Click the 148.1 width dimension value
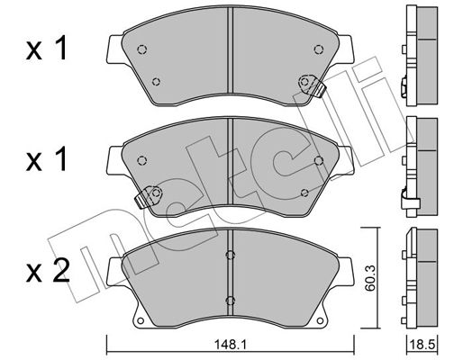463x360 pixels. (x=230, y=346)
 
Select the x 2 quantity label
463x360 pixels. (x=48, y=271)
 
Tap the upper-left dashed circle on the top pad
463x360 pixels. (x=141, y=49)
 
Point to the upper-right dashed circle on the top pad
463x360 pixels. (x=318, y=49)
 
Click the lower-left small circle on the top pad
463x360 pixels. (x=156, y=81)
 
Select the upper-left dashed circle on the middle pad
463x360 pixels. (x=141, y=160)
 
